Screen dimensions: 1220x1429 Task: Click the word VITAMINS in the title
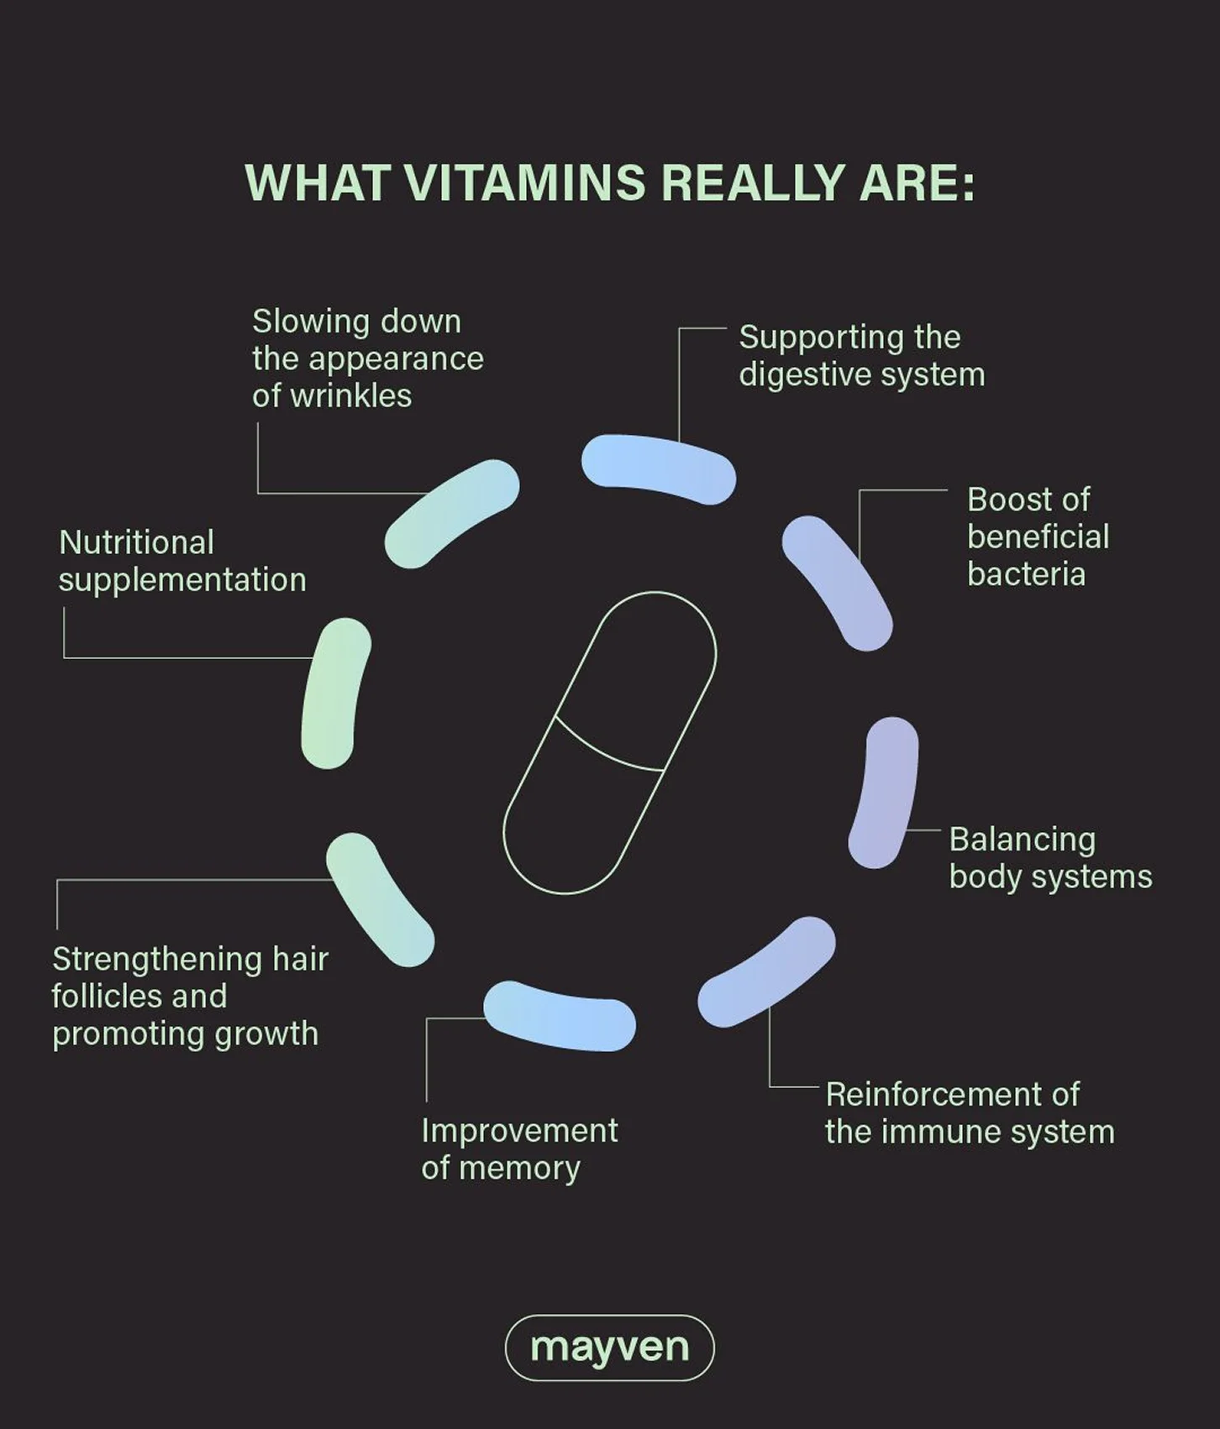point(525,183)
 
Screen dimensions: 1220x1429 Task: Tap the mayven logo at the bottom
point(609,1348)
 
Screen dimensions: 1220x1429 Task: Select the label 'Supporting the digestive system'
point(862,356)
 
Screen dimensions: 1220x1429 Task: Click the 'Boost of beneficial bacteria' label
point(1039,537)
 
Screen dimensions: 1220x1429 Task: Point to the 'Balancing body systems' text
point(1050,857)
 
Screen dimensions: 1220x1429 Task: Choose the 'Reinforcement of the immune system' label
point(970,1113)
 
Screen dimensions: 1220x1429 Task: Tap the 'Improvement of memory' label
point(519,1149)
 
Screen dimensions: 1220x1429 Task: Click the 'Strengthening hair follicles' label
point(190,996)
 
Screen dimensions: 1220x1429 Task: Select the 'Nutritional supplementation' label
point(182,561)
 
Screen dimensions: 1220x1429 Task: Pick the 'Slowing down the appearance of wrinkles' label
point(368,359)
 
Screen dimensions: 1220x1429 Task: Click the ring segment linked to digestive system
point(659,468)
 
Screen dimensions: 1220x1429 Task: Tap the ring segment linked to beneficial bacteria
point(838,582)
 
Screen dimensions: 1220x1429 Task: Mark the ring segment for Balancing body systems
point(884,792)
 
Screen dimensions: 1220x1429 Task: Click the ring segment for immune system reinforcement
point(766,972)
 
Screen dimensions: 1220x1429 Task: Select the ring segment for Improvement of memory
point(560,1015)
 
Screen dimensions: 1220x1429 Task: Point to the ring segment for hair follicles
point(380,899)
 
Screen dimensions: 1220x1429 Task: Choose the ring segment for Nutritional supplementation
point(336,694)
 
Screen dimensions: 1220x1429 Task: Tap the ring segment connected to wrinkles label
point(452,513)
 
